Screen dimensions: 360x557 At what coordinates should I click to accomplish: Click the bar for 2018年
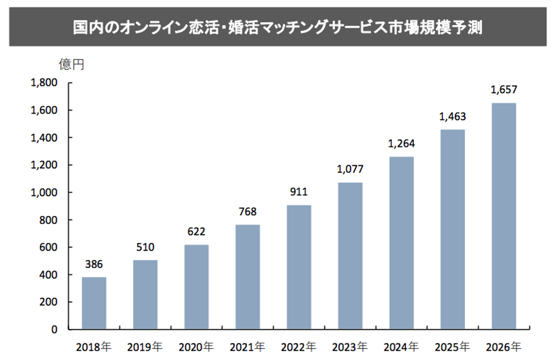point(94,303)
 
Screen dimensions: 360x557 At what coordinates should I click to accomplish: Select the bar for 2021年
point(247,277)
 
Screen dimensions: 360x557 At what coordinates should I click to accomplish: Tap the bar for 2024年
point(401,243)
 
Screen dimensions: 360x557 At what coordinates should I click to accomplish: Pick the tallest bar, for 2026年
point(504,216)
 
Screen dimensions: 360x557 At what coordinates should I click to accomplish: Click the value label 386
point(94,265)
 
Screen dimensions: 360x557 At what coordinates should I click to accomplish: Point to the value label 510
point(145,248)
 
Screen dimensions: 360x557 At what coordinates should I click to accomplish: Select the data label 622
point(196,231)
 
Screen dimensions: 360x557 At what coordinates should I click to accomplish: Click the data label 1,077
point(350,169)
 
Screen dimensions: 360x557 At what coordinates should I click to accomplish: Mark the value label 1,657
point(504,90)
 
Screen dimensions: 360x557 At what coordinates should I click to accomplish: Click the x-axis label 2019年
point(145,347)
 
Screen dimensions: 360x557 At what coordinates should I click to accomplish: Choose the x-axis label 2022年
point(298,347)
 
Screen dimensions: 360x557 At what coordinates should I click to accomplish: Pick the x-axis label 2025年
point(452,347)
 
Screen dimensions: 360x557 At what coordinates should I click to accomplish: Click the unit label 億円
point(71,64)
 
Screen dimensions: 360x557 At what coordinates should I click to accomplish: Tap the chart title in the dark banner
point(278,27)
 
